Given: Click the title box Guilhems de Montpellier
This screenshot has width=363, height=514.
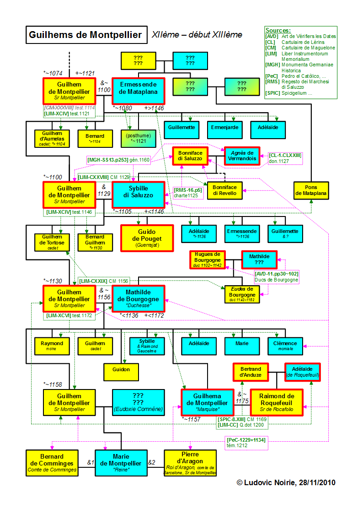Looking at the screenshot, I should [x=85, y=35].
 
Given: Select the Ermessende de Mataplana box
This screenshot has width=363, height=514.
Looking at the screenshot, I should [x=138, y=88].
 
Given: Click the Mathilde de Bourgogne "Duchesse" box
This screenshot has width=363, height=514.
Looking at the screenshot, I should [x=138, y=298].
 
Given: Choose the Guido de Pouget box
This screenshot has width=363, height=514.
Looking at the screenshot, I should [x=147, y=238].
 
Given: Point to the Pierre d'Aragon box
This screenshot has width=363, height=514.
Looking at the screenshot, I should [x=190, y=463].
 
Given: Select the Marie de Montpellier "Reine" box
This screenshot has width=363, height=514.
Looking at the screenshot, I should [x=121, y=463].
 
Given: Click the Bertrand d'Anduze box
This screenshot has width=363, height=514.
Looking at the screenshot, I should [x=250, y=373].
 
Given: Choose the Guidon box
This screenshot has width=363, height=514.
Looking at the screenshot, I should [x=121, y=369].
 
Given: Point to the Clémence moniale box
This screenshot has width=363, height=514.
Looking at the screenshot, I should [x=285, y=346].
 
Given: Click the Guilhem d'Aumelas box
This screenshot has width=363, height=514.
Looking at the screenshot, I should [x=53, y=139].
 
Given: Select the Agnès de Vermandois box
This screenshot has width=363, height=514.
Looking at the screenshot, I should [x=242, y=155].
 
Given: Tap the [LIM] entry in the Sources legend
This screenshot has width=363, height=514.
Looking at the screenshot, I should [x=272, y=54].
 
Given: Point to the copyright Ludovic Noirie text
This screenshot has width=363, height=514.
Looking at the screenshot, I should [x=286, y=482].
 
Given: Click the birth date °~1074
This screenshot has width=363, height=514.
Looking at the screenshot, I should [x=53, y=73].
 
